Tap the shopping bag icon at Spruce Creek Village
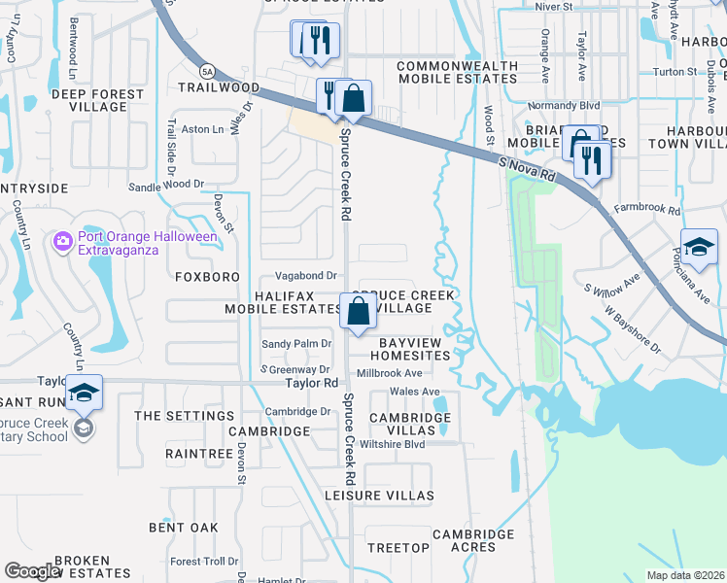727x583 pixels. coord(358,312)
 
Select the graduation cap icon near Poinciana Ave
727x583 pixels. coord(698,246)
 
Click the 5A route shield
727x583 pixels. coord(207,71)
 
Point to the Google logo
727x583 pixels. coord(32,570)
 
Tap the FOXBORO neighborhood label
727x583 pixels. coord(207,277)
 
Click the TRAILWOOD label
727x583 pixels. coord(219,87)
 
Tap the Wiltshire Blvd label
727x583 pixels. coord(393,445)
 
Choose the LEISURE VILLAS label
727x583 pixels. coord(378,496)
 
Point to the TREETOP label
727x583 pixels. coord(398,548)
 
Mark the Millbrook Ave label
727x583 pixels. coord(389,373)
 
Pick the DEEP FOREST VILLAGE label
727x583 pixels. coord(95,101)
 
